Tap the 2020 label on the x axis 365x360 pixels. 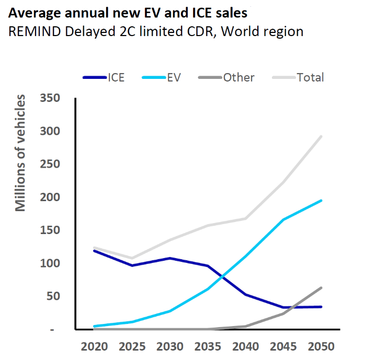pyautogui.click(x=94, y=346)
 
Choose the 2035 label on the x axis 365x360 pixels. pyautogui.click(x=208, y=346)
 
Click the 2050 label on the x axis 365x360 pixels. pyautogui.click(x=321, y=346)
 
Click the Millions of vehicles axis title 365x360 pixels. pyautogui.click(x=20, y=153)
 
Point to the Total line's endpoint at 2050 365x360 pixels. pyautogui.click(x=321, y=136)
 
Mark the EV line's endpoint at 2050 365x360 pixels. pyautogui.click(x=321, y=201)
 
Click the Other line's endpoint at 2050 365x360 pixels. pyautogui.click(x=321, y=287)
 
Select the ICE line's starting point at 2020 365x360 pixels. pyautogui.click(x=94, y=251)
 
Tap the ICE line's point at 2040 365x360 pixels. pyautogui.click(x=245, y=295)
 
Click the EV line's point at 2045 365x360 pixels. pyautogui.click(x=283, y=219)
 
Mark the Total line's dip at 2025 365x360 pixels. pyautogui.click(x=132, y=258)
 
